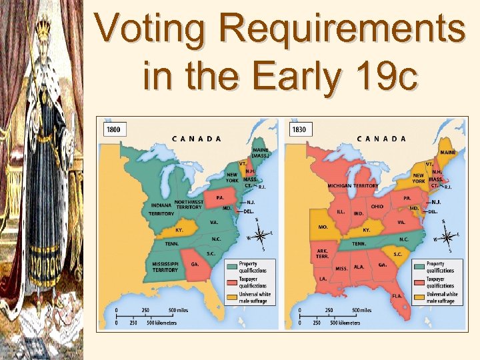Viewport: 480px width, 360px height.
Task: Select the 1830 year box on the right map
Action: (x=299, y=129)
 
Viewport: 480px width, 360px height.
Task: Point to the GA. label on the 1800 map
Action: (x=195, y=264)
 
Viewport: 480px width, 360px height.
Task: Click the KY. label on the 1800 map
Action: (x=179, y=229)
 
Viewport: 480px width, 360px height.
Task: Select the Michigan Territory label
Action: (x=353, y=186)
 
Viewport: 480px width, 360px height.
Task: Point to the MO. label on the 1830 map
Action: (x=323, y=227)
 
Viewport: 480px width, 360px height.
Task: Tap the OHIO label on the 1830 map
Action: (x=377, y=207)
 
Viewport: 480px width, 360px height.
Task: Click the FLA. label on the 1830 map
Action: (x=397, y=295)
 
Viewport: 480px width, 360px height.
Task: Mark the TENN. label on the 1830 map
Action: (x=359, y=243)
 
